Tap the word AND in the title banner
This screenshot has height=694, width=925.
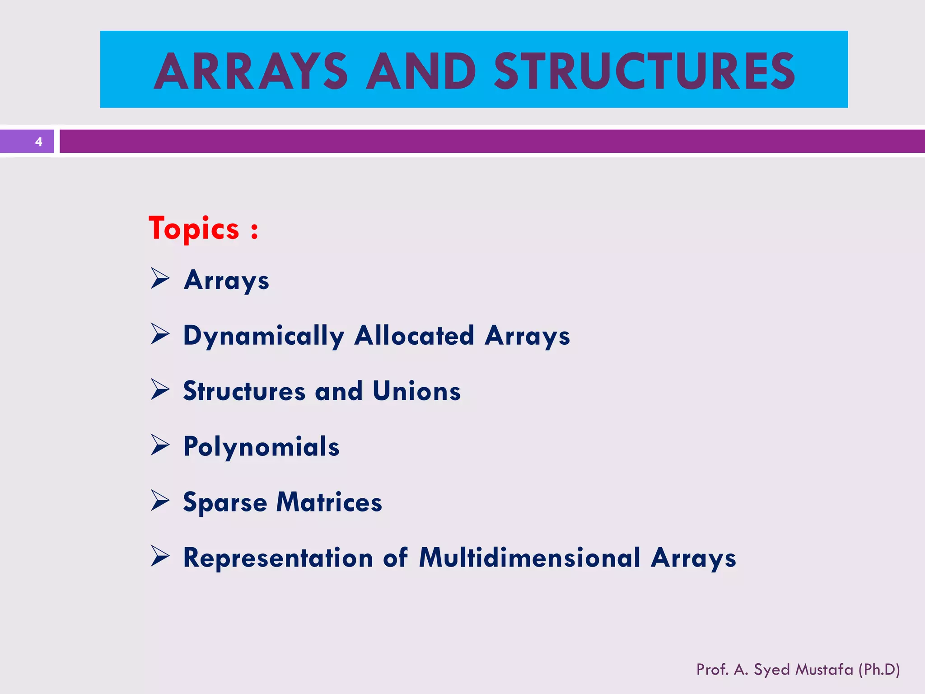point(420,71)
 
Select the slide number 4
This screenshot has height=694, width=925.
point(39,142)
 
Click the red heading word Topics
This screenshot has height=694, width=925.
point(194,229)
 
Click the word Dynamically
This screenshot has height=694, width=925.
point(264,336)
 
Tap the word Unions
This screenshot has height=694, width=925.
point(416,391)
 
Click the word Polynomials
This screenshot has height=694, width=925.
point(261,447)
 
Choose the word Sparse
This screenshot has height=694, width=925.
point(225,502)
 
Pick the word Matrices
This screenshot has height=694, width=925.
point(329,502)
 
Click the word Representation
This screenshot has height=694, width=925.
point(278,558)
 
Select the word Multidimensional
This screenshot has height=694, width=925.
point(529,558)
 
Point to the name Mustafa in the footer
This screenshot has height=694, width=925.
point(824,669)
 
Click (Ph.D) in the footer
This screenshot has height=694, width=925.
point(879,669)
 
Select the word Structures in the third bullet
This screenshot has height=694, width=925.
point(244,391)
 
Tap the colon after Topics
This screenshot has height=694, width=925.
point(255,230)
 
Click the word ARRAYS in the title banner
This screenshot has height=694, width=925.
point(251,71)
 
